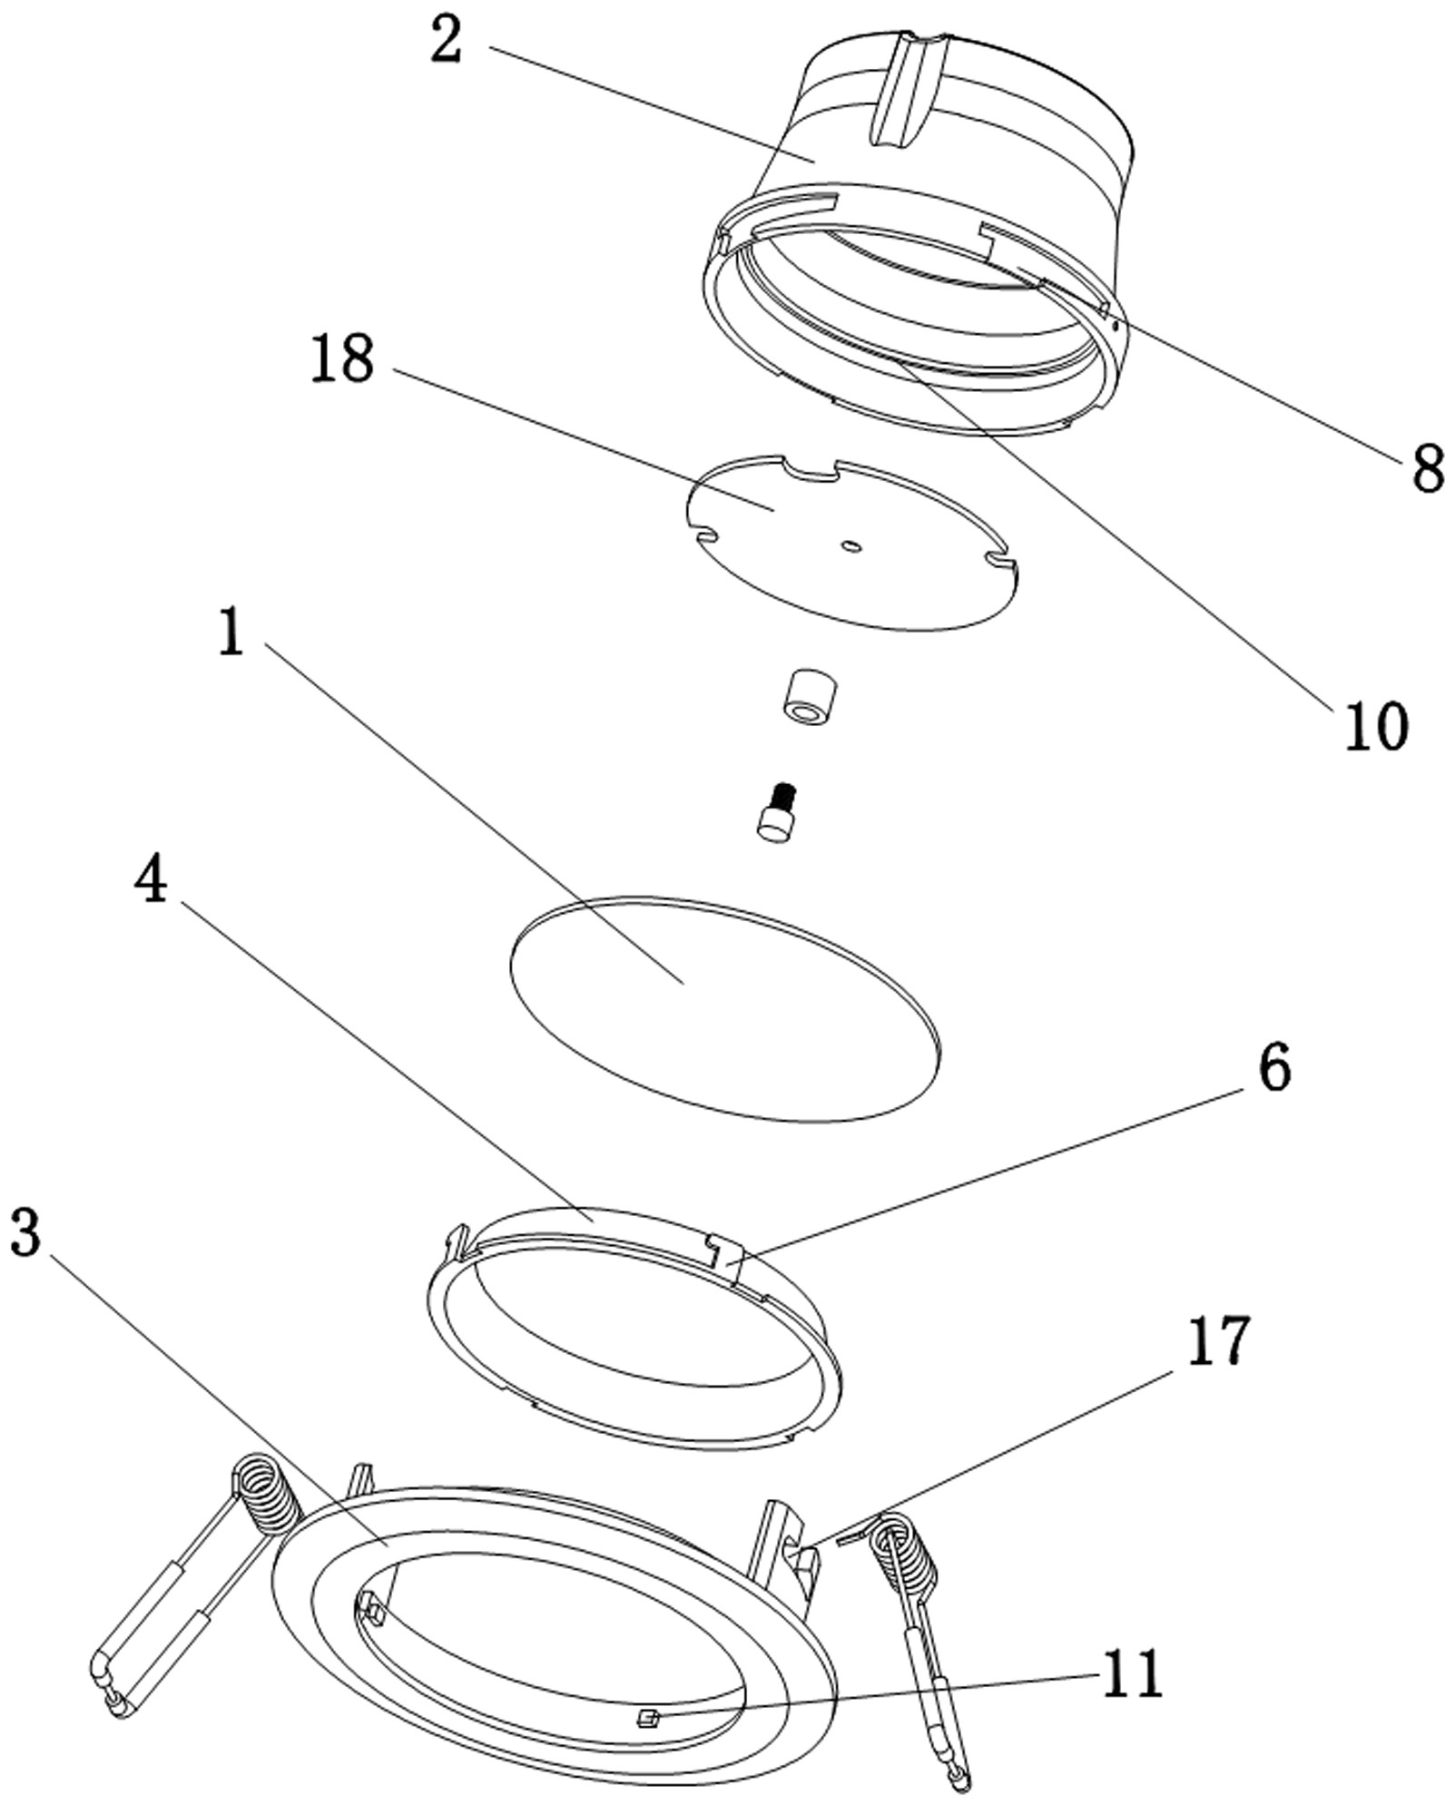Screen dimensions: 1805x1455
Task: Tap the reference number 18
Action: click(342, 359)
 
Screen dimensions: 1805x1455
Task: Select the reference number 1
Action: click(232, 633)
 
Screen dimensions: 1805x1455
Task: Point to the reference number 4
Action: click(151, 880)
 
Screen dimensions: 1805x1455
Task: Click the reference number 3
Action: click(25, 1233)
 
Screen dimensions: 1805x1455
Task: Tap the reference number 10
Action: click(1376, 726)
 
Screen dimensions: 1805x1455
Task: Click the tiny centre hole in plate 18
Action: click(850, 546)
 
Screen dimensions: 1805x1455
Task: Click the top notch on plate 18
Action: click(811, 471)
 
